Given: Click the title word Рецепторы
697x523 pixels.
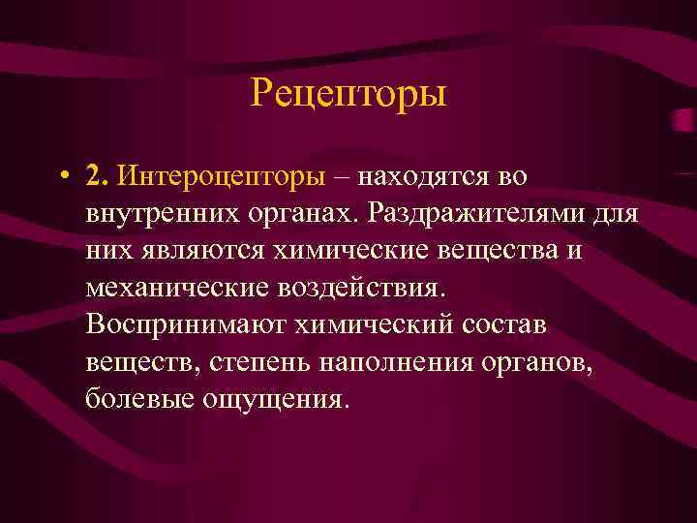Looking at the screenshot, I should (x=348, y=95).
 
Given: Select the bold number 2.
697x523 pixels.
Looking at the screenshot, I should (x=94, y=176).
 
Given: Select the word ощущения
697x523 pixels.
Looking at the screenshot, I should (x=270, y=399).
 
